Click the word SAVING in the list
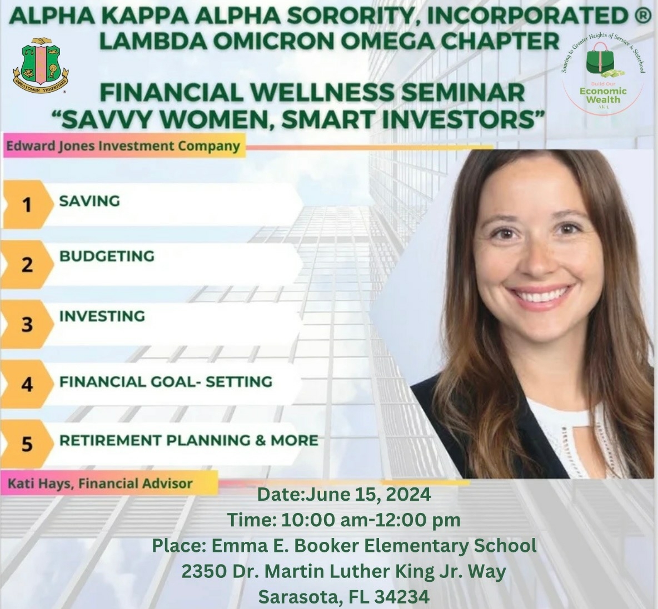click(89, 201)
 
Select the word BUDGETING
click(107, 256)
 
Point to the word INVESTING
click(102, 316)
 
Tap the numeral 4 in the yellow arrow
click(27, 385)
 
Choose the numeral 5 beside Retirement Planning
click(27, 445)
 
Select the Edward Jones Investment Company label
click(123, 147)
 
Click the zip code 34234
click(401, 597)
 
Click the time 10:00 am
click(318, 520)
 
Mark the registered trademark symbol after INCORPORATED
click(641, 17)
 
